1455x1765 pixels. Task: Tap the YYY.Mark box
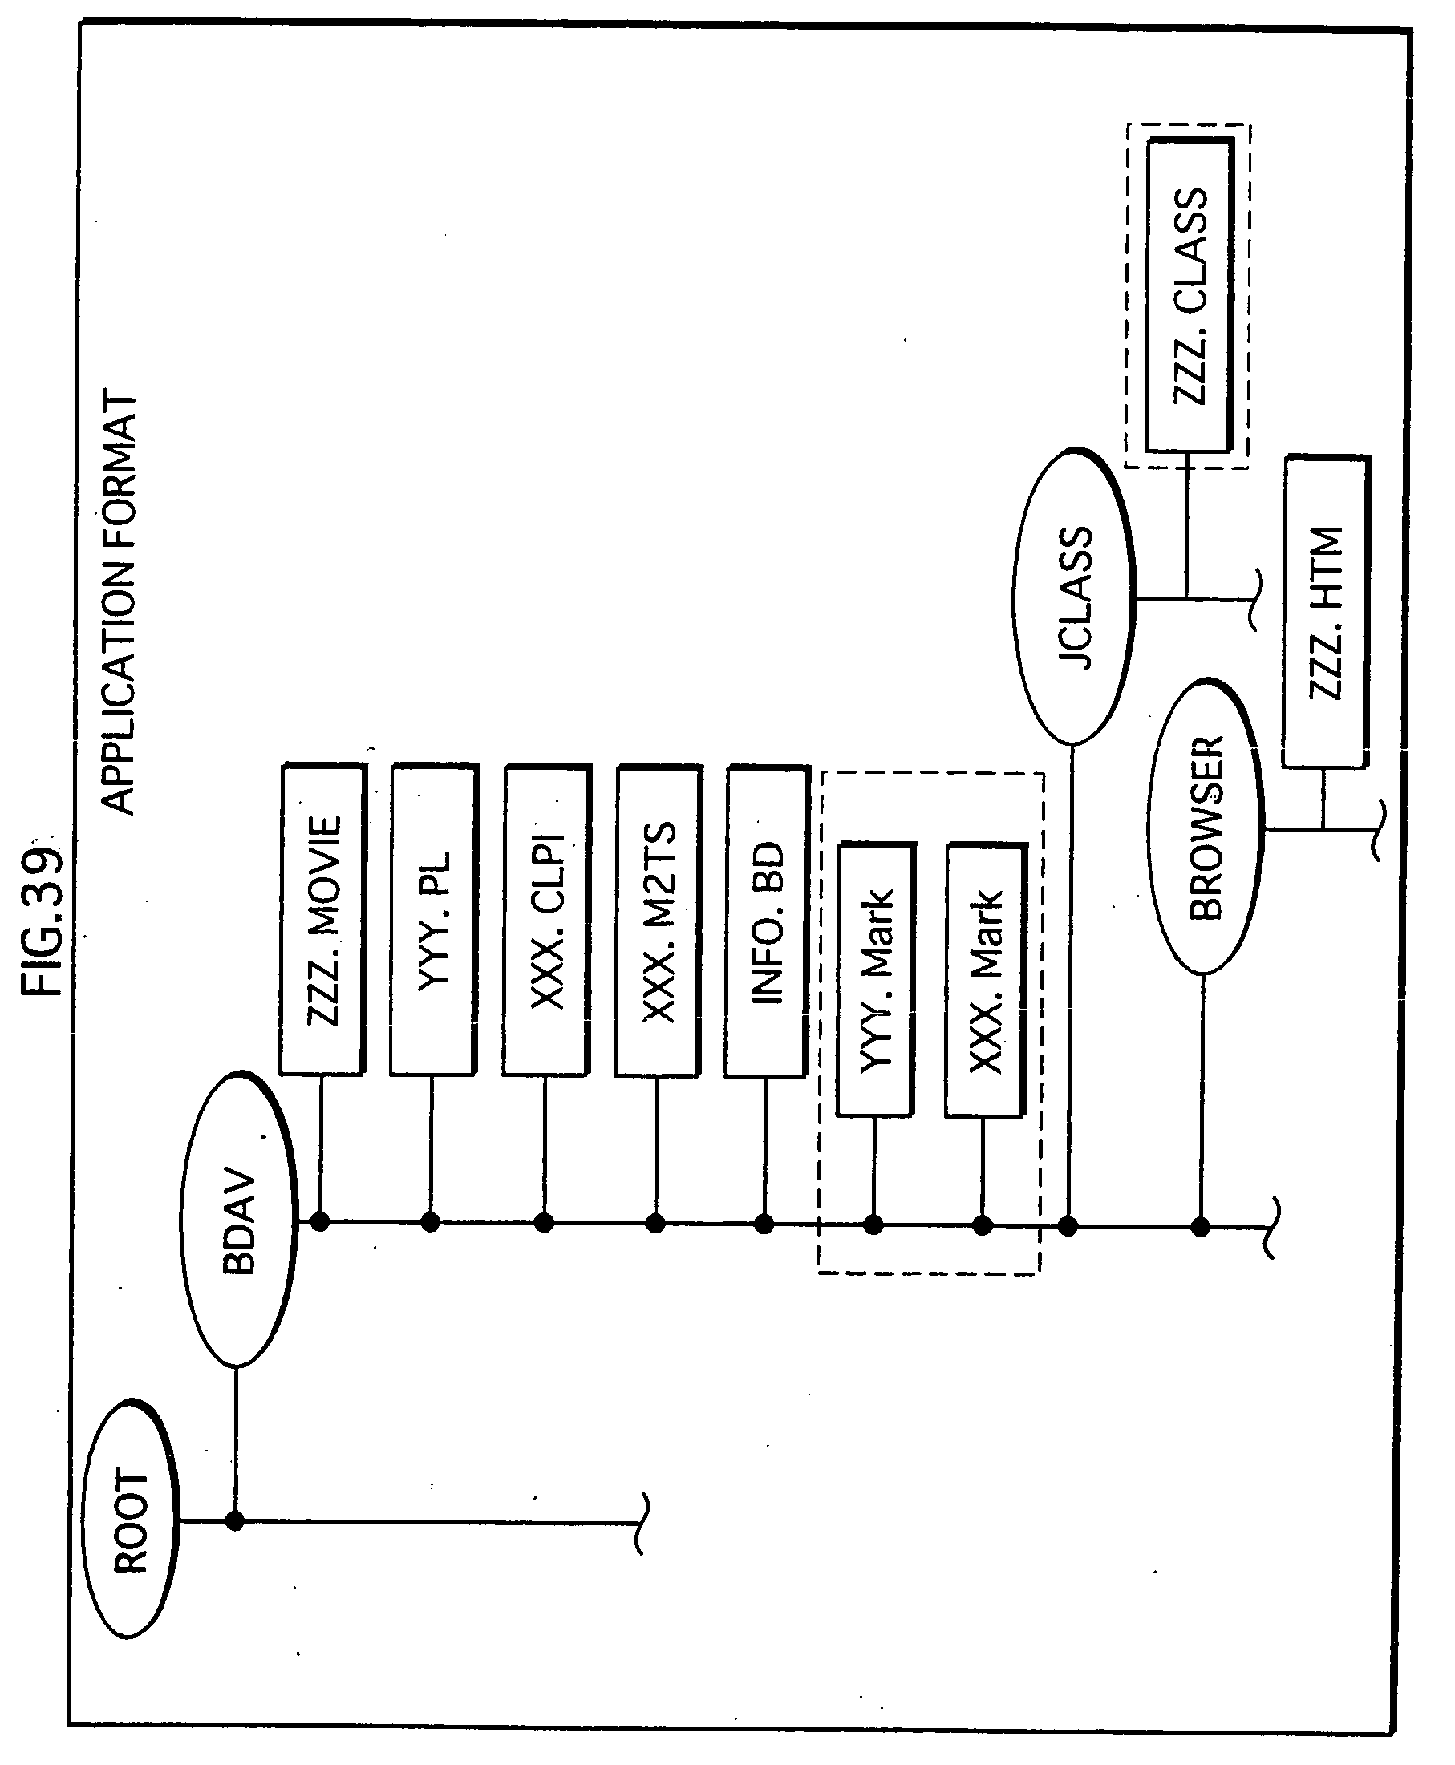(x=876, y=981)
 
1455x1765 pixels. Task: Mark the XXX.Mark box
(x=985, y=981)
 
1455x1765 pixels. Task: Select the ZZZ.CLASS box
(x=1190, y=296)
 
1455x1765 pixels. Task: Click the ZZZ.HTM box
(x=1325, y=612)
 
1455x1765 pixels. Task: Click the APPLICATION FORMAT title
(x=117, y=603)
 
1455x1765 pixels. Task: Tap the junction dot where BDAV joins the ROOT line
(x=236, y=1520)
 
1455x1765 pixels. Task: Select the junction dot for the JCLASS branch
(x=1068, y=1226)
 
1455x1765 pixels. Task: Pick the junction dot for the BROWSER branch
(x=1201, y=1227)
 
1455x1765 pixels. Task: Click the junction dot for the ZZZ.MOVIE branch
(x=319, y=1222)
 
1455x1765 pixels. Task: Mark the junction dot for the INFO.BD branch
(x=764, y=1225)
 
